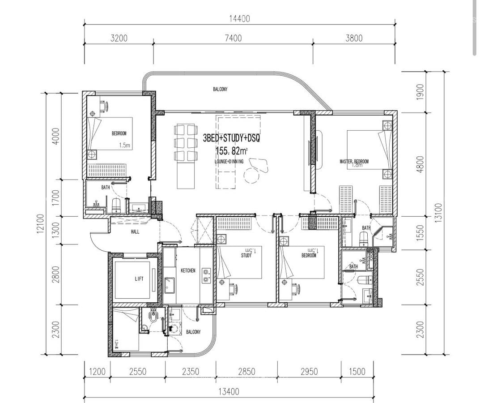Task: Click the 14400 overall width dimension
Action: click(239, 19)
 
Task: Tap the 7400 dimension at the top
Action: click(233, 39)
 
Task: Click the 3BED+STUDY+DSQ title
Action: click(231, 138)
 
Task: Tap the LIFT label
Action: click(139, 279)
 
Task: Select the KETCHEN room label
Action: click(188, 271)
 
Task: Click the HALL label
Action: click(135, 232)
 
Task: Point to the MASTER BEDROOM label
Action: click(354, 161)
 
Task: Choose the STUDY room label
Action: click(246, 256)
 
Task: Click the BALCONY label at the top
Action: click(220, 90)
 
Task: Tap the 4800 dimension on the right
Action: click(420, 163)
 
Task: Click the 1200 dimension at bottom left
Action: click(97, 372)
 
